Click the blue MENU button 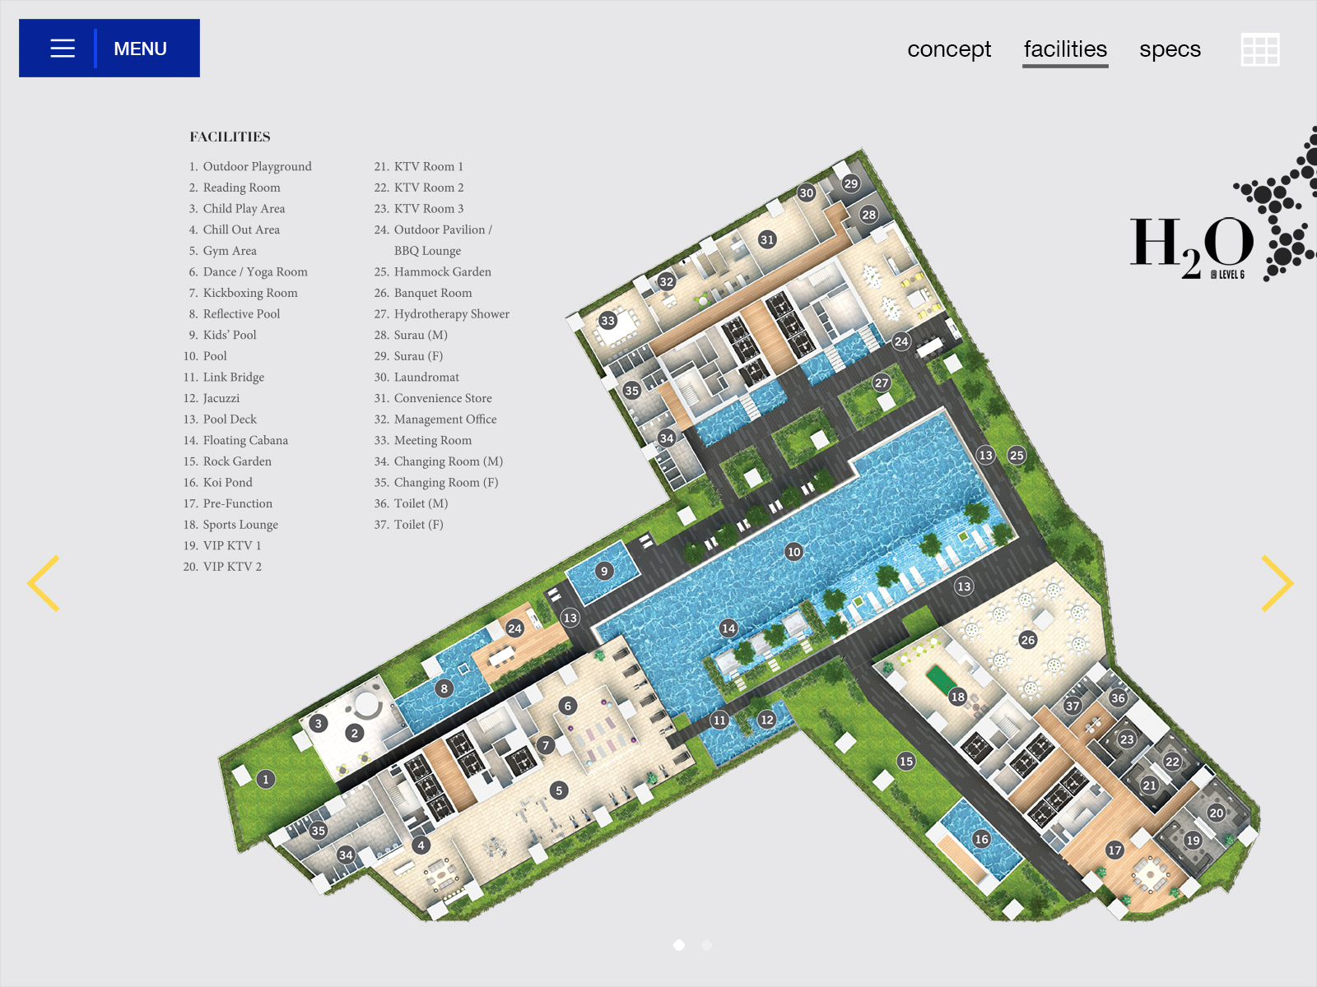(x=109, y=48)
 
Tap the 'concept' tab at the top (x=948, y=49)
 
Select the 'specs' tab (x=1170, y=49)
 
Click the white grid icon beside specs (x=1260, y=49)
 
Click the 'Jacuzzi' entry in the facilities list (x=221, y=398)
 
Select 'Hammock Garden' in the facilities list (x=442, y=271)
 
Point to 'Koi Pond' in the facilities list (x=227, y=482)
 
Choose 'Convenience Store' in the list (x=443, y=398)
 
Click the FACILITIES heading (x=230, y=137)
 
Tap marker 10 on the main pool (x=793, y=551)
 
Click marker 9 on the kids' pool (x=604, y=571)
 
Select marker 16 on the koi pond (x=982, y=839)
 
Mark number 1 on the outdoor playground (x=266, y=779)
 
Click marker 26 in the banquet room (x=1028, y=639)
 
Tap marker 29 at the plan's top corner (x=851, y=183)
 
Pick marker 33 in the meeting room (x=607, y=320)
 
